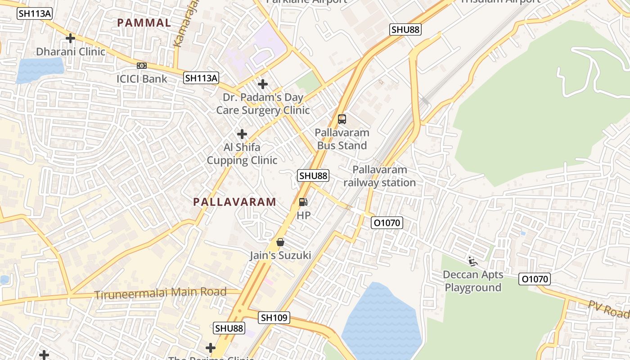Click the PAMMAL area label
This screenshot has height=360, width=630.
point(144,23)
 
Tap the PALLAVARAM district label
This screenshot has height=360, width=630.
point(235,202)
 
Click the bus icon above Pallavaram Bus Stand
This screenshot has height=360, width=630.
point(342,119)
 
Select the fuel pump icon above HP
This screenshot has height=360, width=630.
point(304,202)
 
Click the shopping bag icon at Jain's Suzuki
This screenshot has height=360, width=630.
point(280,242)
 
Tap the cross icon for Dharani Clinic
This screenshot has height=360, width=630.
point(70,38)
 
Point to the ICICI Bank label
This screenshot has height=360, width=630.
point(142,79)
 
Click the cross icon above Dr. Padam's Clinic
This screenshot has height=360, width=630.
point(263,84)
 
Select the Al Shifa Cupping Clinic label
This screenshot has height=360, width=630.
point(242,154)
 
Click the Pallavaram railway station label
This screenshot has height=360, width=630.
point(379,176)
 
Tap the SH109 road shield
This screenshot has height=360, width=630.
point(274,318)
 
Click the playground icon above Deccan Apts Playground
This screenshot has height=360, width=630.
point(472,261)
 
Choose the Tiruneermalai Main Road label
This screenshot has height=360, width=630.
point(160,293)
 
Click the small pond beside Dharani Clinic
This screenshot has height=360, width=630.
point(40,70)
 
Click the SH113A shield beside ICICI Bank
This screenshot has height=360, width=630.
point(201,78)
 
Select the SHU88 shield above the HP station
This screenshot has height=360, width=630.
point(314,175)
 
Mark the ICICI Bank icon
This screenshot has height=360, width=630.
point(142,66)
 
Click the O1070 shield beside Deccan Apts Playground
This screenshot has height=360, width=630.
point(535,279)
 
